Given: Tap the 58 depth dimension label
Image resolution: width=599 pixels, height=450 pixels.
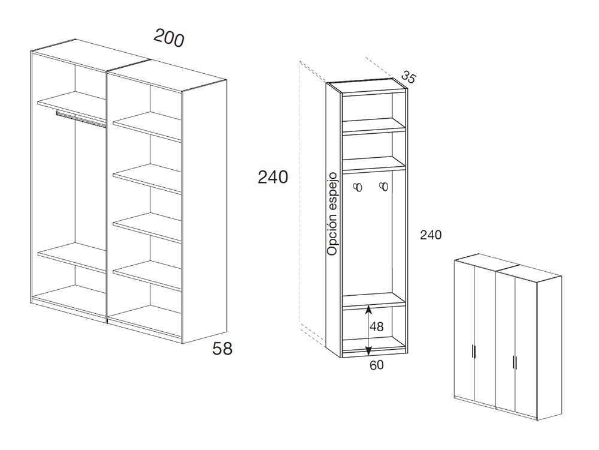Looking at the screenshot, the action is coord(222,349).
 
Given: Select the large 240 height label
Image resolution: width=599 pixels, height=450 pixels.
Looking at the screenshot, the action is coord(273,177).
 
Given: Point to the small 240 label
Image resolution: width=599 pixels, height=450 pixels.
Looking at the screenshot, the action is coord(431,235).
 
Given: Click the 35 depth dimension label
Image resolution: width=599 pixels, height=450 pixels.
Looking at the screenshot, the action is coord(409,77).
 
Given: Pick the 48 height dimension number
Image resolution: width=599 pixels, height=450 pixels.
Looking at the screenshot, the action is coord(377,326).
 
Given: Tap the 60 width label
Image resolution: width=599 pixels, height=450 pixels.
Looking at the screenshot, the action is coord(376,365).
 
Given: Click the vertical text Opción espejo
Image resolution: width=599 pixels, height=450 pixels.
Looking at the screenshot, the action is coord(332,214).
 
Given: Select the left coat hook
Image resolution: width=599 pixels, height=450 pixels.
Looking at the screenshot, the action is coord(358,187).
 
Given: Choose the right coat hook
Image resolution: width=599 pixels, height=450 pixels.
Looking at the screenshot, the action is coord(383,186).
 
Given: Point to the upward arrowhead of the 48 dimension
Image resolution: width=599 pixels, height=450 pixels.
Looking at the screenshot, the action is coord(368,309).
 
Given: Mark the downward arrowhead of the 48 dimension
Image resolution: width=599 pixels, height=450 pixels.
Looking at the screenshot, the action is coord(368,350).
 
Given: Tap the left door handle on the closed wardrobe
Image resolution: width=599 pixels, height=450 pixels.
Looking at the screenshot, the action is coord(474,352).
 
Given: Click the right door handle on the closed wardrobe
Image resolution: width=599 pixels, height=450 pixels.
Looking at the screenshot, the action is coord(515,362).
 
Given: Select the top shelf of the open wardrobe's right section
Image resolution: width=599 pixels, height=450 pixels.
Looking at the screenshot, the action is coord(147,126).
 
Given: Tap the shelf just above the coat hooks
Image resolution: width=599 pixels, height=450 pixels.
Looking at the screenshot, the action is coord(373,163).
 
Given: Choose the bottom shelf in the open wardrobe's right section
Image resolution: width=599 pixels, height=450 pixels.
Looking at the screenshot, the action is coord(147,275).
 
